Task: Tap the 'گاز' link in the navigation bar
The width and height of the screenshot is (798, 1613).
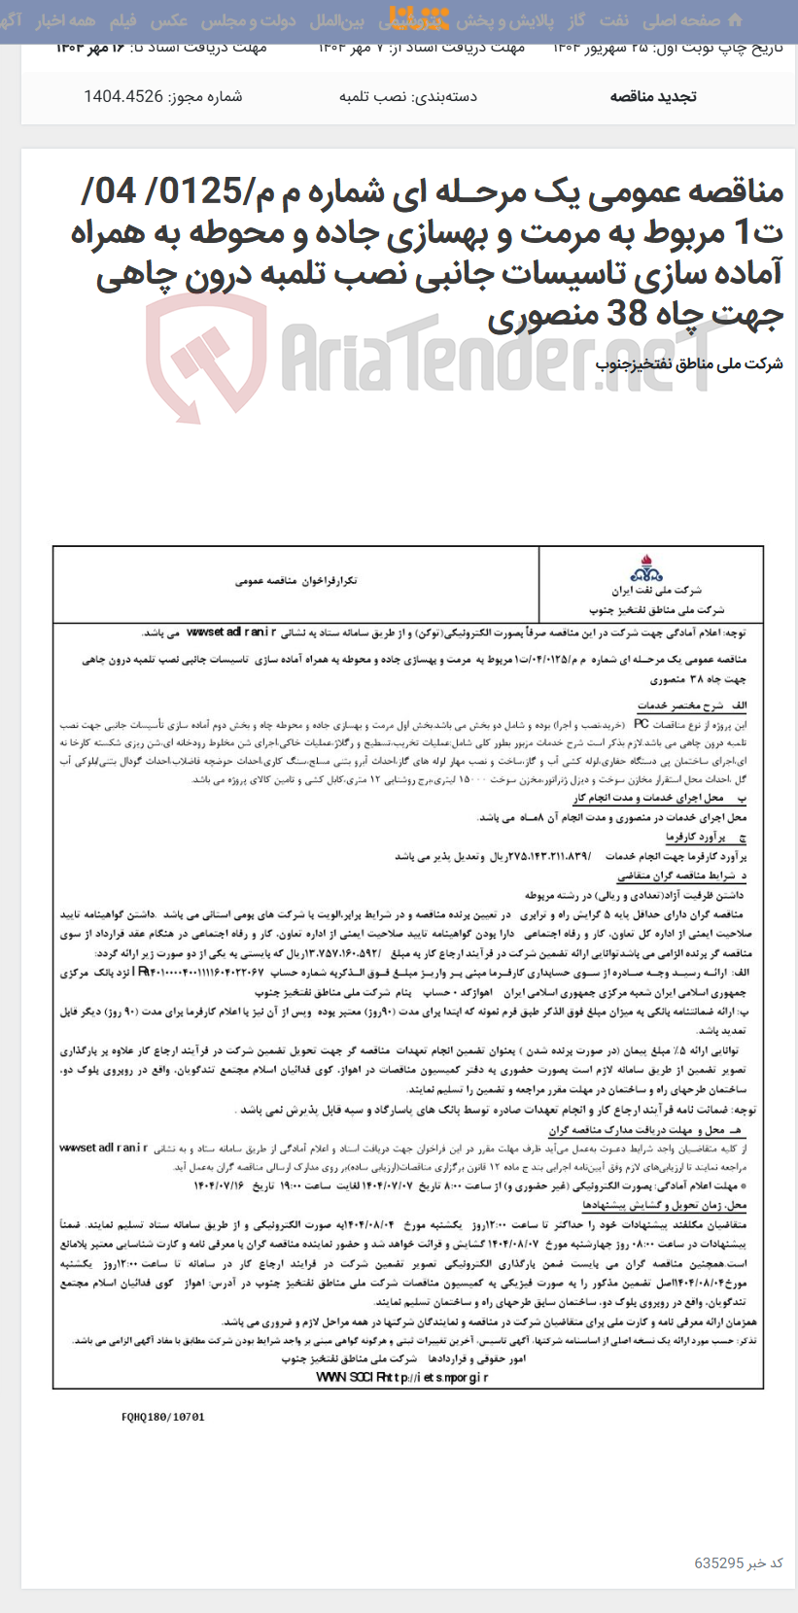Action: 577,20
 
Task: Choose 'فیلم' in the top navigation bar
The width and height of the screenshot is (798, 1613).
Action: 123,20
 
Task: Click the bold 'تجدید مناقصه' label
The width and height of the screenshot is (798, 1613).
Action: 653,96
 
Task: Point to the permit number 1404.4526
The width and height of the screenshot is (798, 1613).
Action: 122,96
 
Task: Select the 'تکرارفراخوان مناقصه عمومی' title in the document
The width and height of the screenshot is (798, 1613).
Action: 295,580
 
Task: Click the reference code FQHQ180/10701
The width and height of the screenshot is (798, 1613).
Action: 163,1417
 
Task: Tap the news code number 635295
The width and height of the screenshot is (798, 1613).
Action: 719,1562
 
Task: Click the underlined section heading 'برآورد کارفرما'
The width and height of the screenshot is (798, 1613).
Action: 695,837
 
